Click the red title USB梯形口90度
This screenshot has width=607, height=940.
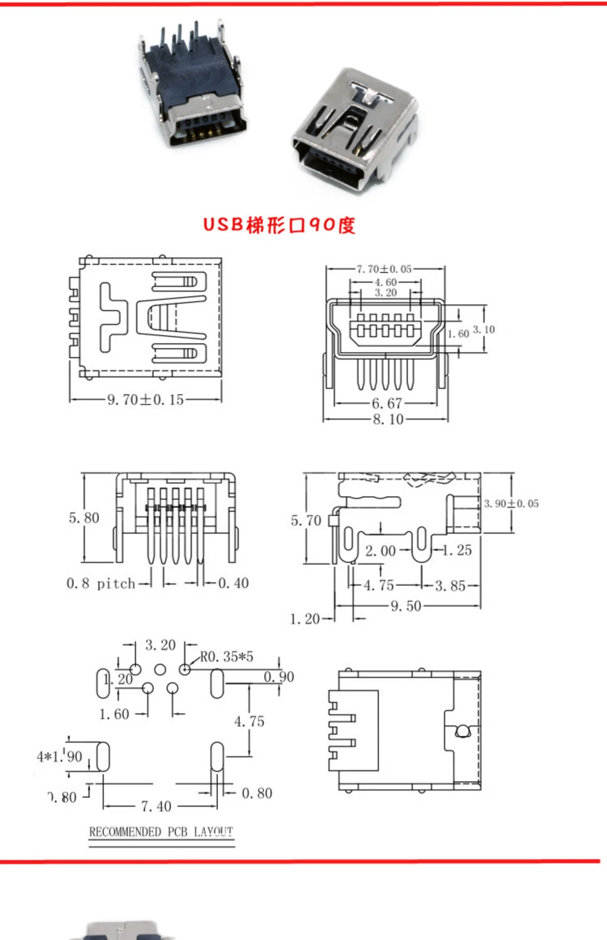[x=279, y=225]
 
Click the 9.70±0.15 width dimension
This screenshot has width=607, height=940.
[x=146, y=400]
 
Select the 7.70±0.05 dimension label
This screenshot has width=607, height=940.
[x=384, y=269]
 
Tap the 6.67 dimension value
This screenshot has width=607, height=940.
[x=387, y=403]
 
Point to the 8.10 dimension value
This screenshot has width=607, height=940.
[x=388, y=419]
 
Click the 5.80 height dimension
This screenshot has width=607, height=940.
[x=84, y=518]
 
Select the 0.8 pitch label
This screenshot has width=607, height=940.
[x=101, y=583]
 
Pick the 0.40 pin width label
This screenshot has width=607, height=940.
[x=233, y=583]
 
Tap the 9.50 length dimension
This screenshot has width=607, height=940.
[x=406, y=606]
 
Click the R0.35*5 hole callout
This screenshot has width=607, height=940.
[x=227, y=657]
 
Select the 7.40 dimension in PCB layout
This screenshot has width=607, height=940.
[x=156, y=806]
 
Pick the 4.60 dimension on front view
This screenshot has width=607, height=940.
[x=385, y=282]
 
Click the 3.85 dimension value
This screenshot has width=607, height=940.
[x=450, y=586]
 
